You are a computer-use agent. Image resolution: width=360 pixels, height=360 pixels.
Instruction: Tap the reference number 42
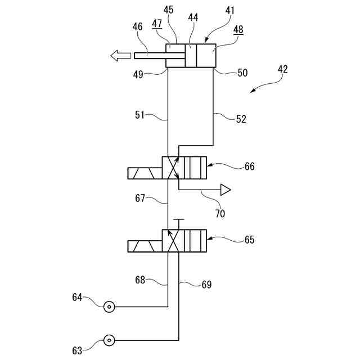pyautogui.click(x=282, y=70)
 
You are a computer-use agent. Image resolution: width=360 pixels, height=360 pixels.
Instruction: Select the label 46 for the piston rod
pyautogui.click(x=137, y=27)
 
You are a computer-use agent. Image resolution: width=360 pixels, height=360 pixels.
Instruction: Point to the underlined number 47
pyautogui.click(x=157, y=24)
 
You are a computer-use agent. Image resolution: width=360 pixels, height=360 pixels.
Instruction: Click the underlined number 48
pyautogui.click(x=238, y=30)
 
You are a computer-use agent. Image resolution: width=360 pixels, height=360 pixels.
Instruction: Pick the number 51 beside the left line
pyautogui.click(x=140, y=115)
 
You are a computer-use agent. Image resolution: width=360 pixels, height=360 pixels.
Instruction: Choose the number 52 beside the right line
pyautogui.click(x=241, y=119)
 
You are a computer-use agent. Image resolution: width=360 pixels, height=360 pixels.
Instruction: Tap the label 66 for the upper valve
pyautogui.click(x=249, y=166)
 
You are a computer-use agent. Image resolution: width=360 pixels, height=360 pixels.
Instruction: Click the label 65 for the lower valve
pyautogui.click(x=249, y=240)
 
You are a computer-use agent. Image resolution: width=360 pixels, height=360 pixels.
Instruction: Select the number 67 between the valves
pyautogui.click(x=141, y=198)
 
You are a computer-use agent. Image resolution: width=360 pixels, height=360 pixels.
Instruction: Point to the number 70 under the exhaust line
pyautogui.click(x=220, y=213)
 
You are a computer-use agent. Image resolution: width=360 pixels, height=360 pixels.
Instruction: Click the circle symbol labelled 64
pyautogui.click(x=109, y=307)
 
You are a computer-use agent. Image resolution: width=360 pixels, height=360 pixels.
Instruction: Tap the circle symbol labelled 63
pyautogui.click(x=109, y=340)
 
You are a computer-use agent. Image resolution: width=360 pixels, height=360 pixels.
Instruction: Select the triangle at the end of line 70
pyautogui.click(x=226, y=190)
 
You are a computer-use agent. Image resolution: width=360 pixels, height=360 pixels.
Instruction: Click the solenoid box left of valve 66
pyautogui.click(x=145, y=173)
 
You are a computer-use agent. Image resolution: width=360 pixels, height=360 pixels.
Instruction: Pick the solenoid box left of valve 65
pyautogui.click(x=145, y=246)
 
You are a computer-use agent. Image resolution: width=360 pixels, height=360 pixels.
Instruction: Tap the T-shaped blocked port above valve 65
pyautogui.click(x=178, y=220)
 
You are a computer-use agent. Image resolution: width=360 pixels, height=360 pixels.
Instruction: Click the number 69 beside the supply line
pyautogui.click(x=206, y=285)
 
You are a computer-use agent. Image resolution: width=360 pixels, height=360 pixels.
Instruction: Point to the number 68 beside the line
pyautogui.click(x=141, y=279)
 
